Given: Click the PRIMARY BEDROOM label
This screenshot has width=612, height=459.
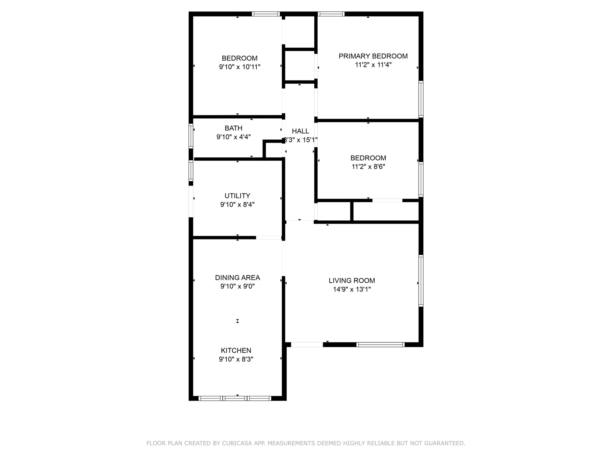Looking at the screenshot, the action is pyautogui.click(x=373, y=56).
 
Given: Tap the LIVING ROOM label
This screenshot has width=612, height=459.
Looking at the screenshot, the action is pyautogui.click(x=352, y=281).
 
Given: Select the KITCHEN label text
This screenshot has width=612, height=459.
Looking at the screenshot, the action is pyautogui.click(x=236, y=350).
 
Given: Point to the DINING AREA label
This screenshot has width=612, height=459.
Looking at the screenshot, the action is pyautogui.click(x=237, y=278).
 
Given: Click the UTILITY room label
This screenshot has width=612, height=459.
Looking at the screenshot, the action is pyautogui.click(x=237, y=196).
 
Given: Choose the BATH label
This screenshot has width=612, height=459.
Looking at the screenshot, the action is pyautogui.click(x=234, y=128).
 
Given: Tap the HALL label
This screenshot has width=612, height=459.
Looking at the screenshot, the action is pyautogui.click(x=301, y=131).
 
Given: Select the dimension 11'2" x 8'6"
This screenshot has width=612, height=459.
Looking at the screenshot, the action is pyautogui.click(x=368, y=167).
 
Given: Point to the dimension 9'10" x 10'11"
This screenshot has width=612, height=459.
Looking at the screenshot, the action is pyautogui.click(x=240, y=67).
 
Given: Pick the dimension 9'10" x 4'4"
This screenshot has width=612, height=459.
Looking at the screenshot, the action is pyautogui.click(x=234, y=137).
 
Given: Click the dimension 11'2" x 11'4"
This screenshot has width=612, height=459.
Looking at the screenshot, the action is pyautogui.click(x=373, y=65).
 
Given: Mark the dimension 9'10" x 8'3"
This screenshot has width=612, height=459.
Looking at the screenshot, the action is pyautogui.click(x=236, y=359).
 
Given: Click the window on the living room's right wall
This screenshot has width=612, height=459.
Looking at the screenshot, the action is pyautogui.click(x=421, y=281).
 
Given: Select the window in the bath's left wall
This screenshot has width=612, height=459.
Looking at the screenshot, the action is pyautogui.click(x=191, y=136).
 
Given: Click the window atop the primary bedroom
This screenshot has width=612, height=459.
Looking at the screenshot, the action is pyautogui.click(x=331, y=14).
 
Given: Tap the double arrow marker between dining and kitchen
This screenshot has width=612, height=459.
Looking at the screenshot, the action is pyautogui.click(x=237, y=321).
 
